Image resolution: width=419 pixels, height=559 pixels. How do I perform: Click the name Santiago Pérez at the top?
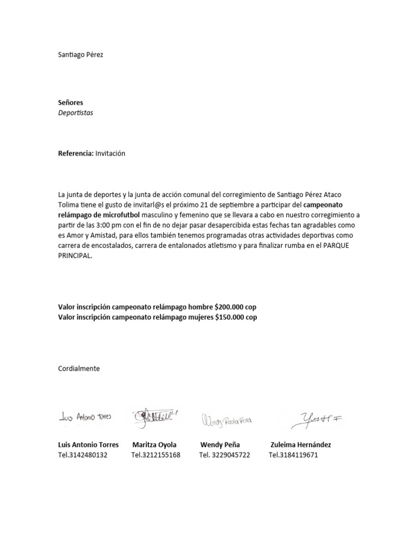pos(80,55)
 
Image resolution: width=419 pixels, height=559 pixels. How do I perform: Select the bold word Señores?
pos(71,102)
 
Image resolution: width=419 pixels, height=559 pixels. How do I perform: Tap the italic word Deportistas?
pos(76,112)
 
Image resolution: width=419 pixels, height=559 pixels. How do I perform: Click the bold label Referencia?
pos(76,153)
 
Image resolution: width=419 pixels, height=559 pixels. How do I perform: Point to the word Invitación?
pos(110,153)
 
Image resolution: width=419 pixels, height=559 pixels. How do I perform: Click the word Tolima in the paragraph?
pos(68,205)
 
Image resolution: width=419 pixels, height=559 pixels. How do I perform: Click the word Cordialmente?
pos(79,368)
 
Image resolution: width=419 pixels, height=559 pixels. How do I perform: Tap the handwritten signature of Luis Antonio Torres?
pos(85,417)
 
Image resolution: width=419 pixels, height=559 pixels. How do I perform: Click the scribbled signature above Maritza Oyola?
pos(155,417)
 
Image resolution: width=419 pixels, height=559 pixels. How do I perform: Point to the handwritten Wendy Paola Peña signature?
pos(226,420)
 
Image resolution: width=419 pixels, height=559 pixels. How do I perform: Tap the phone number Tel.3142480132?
pos(83,455)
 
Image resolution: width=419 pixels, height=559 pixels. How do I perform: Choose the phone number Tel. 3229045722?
pos(224,455)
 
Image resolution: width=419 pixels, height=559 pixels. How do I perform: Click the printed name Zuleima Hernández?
pos(301,444)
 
